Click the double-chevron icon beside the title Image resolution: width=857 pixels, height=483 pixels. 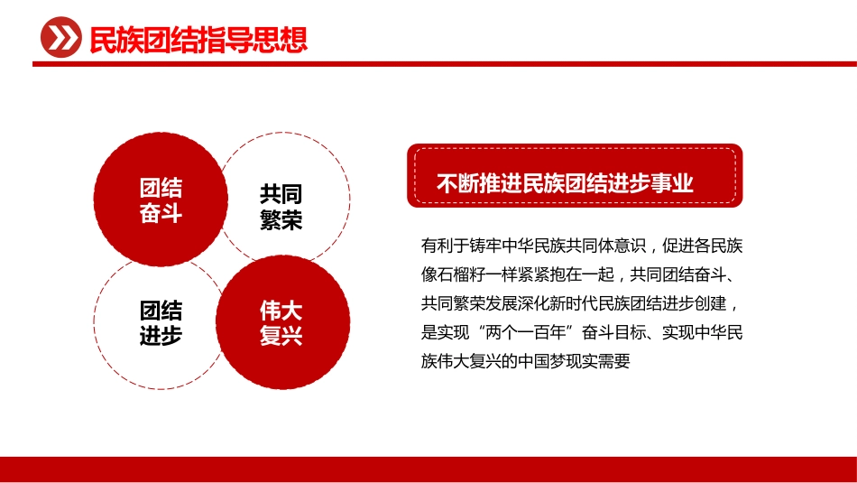pos(60,39)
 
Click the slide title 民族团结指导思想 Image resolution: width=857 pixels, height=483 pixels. pos(198,40)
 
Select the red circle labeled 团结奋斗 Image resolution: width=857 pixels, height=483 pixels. pos(161,200)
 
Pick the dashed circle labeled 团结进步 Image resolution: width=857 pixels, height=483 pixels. pos(161,323)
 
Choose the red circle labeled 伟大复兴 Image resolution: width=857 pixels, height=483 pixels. pos(281,323)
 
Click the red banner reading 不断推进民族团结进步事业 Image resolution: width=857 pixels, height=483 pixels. pos(574,182)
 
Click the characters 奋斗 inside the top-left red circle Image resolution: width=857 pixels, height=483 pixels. pos(161,214)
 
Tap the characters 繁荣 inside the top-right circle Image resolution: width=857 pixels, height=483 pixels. pos(281,220)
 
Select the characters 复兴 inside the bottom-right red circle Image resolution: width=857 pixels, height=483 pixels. pos(281,337)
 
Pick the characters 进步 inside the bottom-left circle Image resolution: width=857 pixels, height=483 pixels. pos(161,337)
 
